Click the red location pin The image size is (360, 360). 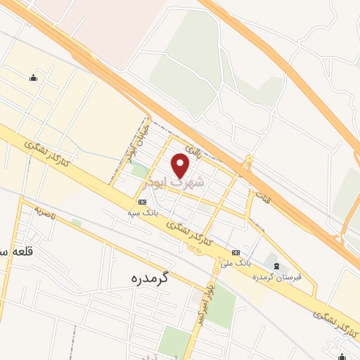click(181, 165)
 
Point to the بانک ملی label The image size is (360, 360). click(238, 262)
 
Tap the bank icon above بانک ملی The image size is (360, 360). click(236, 252)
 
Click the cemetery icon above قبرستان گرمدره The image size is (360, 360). click(276, 265)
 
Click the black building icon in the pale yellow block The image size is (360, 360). click(33, 78)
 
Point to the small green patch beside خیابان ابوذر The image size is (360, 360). click(139, 170)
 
